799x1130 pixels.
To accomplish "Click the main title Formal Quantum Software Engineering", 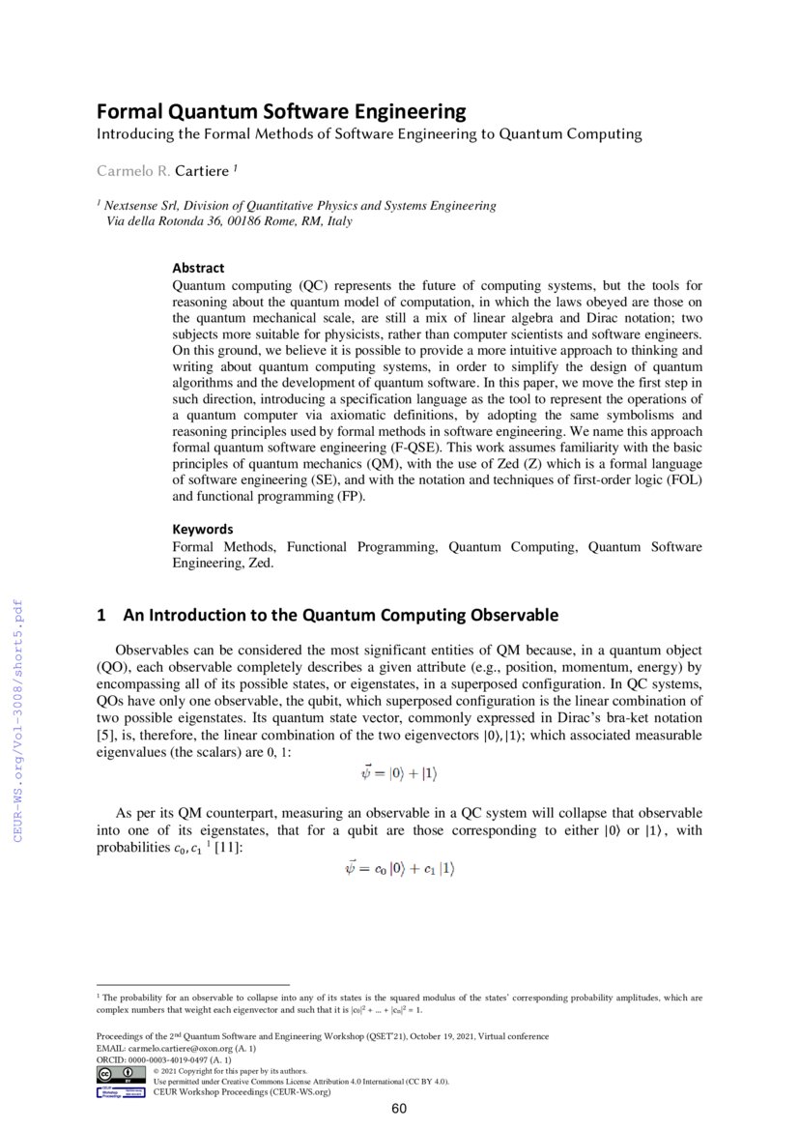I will pos(280,111).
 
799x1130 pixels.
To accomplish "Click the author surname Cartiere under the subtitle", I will pos(202,171).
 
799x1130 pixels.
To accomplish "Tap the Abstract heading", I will pos(198,268).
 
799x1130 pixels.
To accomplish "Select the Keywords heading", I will pos(203,529).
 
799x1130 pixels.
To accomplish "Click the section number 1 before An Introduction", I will pos(101,615).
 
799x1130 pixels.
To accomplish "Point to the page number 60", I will pos(399,1109).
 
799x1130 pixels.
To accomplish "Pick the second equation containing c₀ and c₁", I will pos(399,869).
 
